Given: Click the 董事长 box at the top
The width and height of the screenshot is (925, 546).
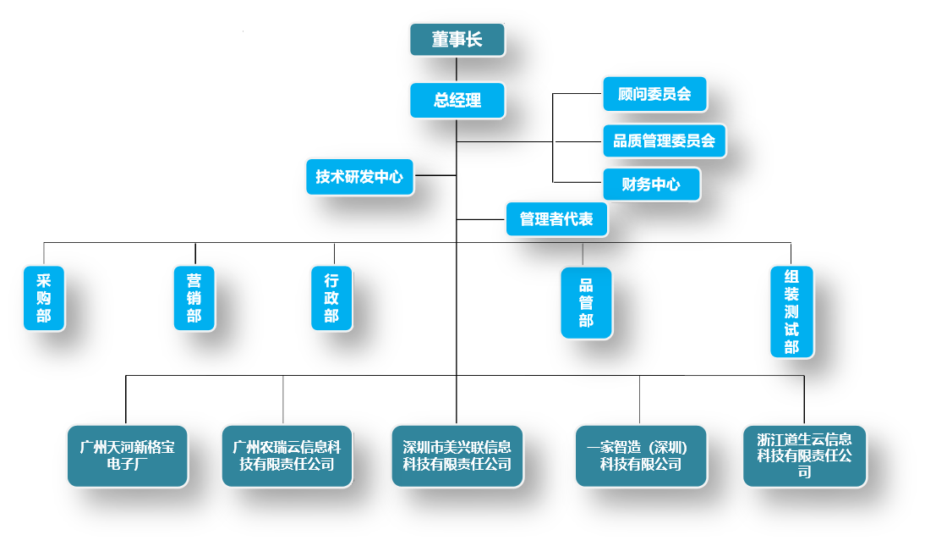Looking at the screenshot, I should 457,40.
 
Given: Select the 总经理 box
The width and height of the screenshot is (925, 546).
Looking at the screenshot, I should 457,100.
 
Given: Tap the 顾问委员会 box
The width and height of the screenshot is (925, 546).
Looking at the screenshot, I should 654,94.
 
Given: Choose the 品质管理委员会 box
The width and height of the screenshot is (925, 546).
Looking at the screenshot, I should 664,141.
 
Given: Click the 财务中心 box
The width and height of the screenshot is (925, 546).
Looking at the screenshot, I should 651,184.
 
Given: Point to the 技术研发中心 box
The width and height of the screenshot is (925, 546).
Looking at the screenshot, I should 359,177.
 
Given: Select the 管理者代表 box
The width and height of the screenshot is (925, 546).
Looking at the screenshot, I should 556,219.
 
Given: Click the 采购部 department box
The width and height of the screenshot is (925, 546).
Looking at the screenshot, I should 43,298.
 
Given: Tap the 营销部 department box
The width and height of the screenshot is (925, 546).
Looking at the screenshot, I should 194,298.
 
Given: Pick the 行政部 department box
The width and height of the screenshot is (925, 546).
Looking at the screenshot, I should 331,298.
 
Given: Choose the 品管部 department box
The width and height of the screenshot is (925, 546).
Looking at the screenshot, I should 586,303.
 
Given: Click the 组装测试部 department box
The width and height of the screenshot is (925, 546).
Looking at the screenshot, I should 791,312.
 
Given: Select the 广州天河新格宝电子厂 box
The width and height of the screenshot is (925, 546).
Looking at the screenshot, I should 127,455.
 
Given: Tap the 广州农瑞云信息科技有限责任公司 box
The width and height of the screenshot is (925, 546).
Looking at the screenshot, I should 287,455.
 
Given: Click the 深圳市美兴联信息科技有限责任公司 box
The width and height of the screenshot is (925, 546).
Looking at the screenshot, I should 457,455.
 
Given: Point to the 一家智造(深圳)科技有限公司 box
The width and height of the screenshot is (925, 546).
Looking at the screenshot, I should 640,455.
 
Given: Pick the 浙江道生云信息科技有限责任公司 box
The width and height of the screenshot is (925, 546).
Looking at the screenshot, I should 804,455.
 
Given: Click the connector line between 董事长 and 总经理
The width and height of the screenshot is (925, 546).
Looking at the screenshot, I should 457,69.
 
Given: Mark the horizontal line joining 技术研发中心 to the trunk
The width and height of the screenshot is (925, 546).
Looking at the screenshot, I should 435,176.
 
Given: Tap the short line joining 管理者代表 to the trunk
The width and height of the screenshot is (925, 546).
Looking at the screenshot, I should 481,219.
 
